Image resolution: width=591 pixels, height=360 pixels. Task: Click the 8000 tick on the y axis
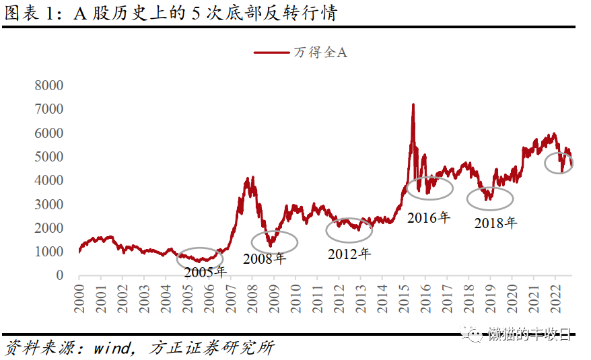(48, 85)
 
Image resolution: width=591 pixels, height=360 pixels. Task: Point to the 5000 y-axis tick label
(48, 157)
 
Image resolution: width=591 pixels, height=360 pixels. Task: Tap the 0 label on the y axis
(59, 275)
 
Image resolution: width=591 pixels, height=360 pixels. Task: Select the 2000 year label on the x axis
(79, 294)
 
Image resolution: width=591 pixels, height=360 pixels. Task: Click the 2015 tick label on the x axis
(403, 294)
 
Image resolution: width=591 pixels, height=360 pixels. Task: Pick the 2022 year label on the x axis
(555, 294)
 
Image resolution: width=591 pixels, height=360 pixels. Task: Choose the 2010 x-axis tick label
(295, 294)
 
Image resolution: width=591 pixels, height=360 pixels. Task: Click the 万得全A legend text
(320, 52)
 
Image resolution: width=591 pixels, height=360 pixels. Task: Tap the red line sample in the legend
(271, 52)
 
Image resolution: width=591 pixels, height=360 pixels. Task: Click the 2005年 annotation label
(205, 272)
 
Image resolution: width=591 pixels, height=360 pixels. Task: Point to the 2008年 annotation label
(265, 258)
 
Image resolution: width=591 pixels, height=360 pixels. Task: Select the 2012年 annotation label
(349, 254)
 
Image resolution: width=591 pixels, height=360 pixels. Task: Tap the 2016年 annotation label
(428, 217)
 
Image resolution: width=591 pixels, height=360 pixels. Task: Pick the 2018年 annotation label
(495, 223)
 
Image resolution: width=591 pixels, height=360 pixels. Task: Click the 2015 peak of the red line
(413, 104)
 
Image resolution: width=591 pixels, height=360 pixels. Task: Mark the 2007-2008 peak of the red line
(250, 177)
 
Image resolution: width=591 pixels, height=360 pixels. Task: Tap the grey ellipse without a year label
(558, 162)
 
